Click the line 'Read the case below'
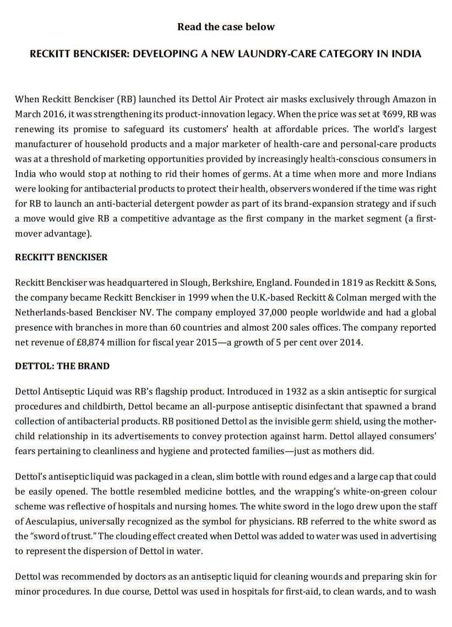pyautogui.click(x=226, y=26)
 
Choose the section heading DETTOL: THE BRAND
pyautogui.click(x=62, y=366)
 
